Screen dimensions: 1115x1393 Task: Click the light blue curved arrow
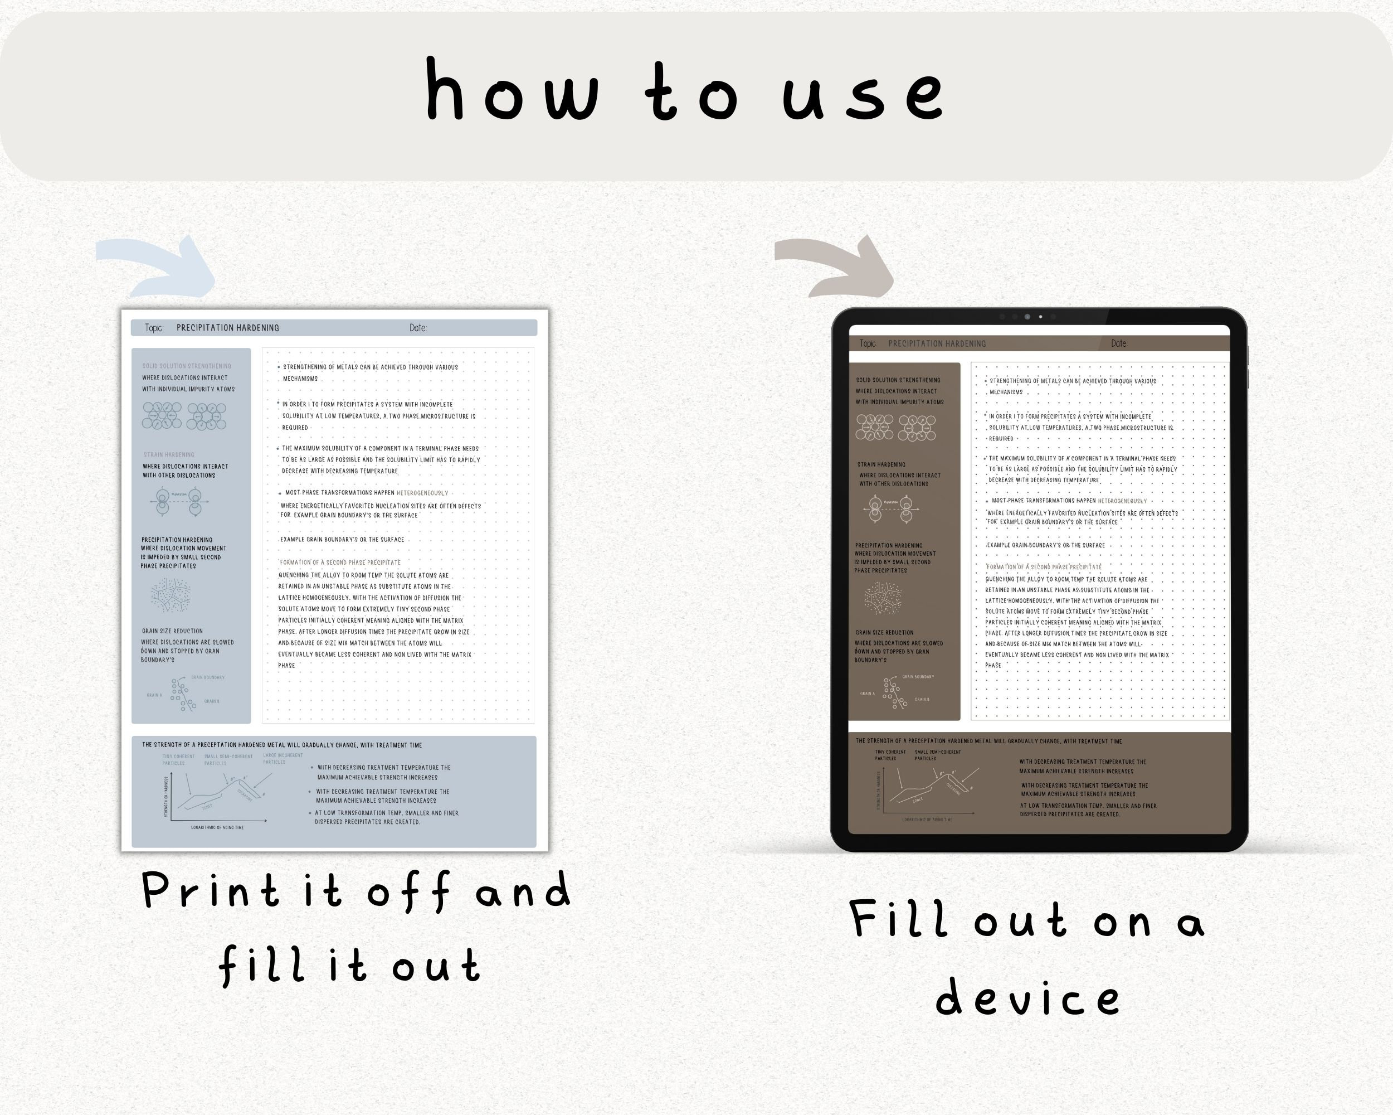[x=158, y=266]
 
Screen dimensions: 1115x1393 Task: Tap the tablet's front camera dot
[x=1040, y=317]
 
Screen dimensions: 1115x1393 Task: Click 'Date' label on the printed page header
[x=417, y=328]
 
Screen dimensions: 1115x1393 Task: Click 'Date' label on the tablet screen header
[x=1118, y=343]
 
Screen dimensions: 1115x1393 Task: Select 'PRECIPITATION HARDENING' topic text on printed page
[x=227, y=328]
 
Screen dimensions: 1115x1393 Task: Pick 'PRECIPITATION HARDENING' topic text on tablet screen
[x=937, y=343]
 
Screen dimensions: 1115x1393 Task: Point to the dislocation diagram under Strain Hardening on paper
[x=179, y=501]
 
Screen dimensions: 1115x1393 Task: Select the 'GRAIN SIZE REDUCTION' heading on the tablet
[x=884, y=632]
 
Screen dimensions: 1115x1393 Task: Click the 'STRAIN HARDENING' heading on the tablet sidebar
[x=881, y=464]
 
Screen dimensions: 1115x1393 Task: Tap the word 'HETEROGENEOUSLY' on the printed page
[x=422, y=492]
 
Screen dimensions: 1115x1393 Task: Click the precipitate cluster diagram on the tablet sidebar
[x=883, y=598]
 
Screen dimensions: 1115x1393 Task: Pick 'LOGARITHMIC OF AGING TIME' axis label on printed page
[x=217, y=827]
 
